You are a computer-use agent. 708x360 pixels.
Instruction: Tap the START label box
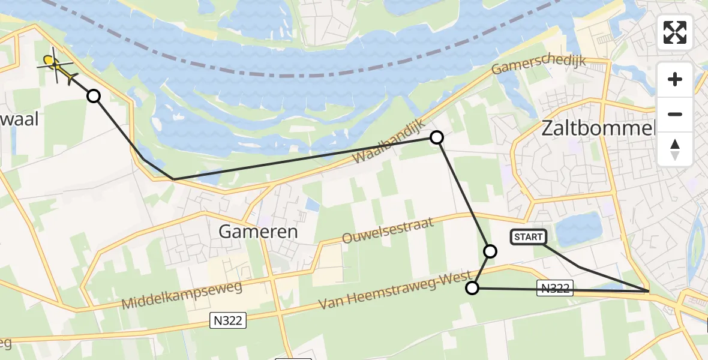pyautogui.click(x=528, y=237)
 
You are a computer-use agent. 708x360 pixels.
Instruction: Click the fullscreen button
pyautogui.click(x=675, y=32)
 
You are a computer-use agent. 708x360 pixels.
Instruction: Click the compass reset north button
pyautogui.click(x=675, y=149)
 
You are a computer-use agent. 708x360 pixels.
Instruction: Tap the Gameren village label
pyautogui.click(x=258, y=232)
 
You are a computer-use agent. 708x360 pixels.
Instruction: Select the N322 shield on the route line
pyautogui.click(x=554, y=289)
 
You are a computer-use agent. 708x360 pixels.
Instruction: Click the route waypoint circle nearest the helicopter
pyautogui.click(x=94, y=95)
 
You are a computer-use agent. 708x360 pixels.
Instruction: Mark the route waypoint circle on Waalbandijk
pyautogui.click(x=437, y=137)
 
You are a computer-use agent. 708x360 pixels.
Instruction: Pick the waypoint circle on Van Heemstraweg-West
pyautogui.click(x=472, y=289)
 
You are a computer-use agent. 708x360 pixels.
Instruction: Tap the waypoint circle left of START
pyautogui.click(x=490, y=251)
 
